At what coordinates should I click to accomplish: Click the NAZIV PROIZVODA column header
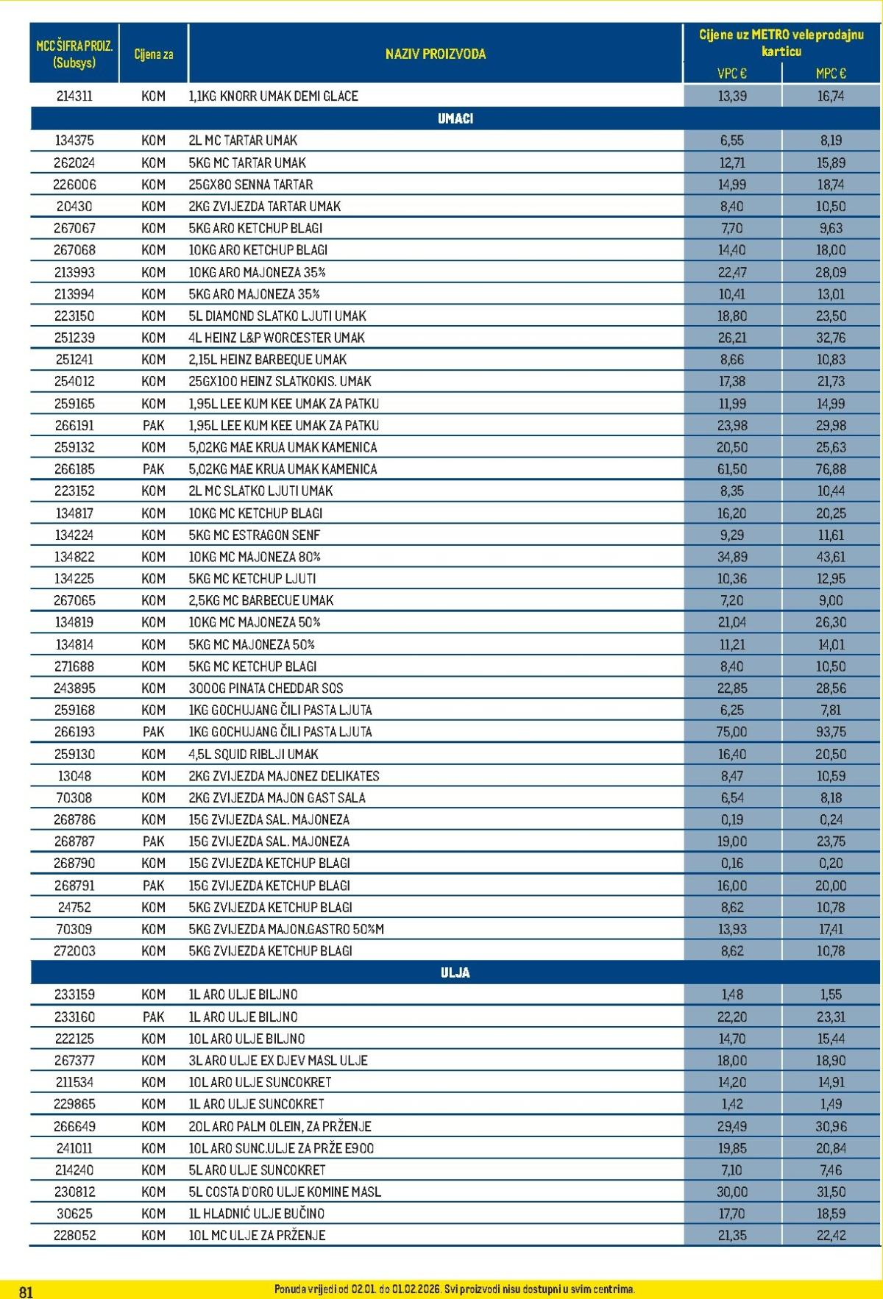[435, 54]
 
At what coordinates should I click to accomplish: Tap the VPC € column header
[731, 73]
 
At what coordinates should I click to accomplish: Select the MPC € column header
[831, 73]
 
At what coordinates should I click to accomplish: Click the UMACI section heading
[455, 118]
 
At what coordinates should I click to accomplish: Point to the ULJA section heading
[455, 972]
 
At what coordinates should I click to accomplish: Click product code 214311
[74, 96]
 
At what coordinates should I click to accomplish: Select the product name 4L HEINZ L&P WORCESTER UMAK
[277, 338]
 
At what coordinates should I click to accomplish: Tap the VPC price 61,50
[731, 469]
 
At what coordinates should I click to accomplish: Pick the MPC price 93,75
[831, 732]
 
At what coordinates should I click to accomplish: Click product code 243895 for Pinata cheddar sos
[74, 688]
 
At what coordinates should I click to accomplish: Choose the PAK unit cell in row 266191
[153, 425]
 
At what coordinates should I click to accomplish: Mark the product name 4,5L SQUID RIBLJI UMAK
[253, 754]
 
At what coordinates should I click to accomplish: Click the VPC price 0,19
[731, 819]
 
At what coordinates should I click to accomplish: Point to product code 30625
[74, 1214]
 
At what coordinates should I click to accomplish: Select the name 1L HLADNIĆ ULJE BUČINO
[256, 1214]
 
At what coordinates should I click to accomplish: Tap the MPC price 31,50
[831, 1192]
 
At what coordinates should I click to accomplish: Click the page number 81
[26, 1292]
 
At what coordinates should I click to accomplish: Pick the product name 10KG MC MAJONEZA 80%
[255, 557]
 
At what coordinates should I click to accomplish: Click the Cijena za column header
[153, 54]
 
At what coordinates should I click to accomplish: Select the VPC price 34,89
[731, 557]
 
